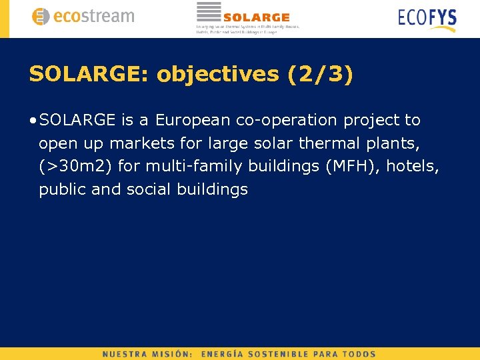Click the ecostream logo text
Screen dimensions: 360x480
click(93, 17)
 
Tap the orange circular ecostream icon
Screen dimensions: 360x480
click(41, 17)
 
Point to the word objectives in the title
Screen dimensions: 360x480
click(218, 74)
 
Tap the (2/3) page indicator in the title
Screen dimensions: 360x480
click(319, 74)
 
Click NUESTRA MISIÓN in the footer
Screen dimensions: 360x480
click(148, 354)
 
